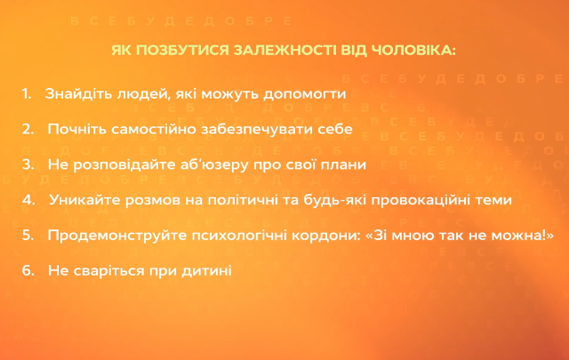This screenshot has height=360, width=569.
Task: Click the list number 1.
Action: (x=27, y=93)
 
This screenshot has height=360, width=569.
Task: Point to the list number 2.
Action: (x=28, y=129)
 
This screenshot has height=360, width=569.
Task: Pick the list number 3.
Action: (x=28, y=164)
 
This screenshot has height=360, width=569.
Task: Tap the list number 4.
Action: (x=28, y=200)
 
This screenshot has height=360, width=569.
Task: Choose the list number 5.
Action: (x=28, y=236)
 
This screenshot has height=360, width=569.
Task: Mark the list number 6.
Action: (x=28, y=270)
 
